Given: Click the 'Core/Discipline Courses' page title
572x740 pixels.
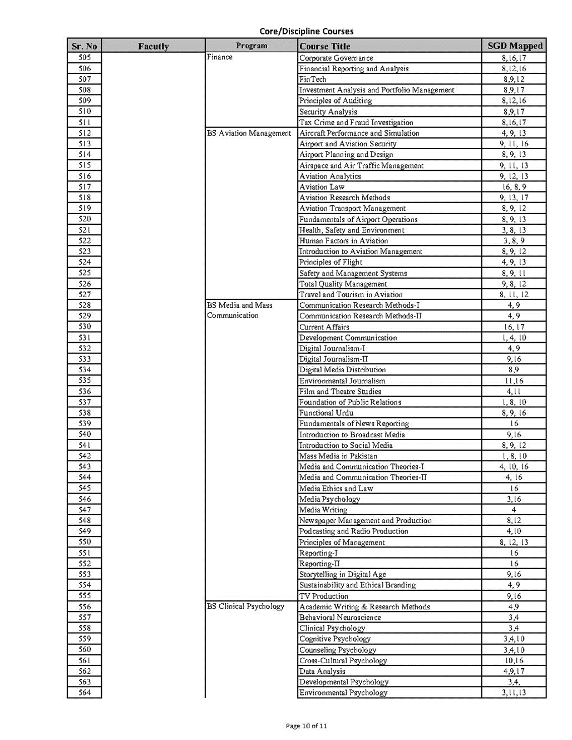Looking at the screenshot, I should pyautogui.click(x=306, y=31).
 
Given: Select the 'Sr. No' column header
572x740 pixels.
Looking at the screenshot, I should pyautogui.click(x=84, y=46).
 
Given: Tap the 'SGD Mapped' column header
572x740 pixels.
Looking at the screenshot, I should pyautogui.click(x=514, y=46).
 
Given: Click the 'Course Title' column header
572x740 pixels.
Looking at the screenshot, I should pyautogui.click(x=325, y=46).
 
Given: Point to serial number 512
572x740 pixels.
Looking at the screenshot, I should pyautogui.click(x=85, y=133).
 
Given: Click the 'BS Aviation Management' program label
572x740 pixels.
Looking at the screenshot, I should pyautogui.click(x=249, y=133).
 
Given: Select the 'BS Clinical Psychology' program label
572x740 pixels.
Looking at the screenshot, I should pyautogui.click(x=245, y=606).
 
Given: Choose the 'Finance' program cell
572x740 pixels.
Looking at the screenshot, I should pyautogui.click(x=220, y=57).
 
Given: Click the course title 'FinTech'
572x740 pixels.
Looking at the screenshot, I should pyautogui.click(x=313, y=79).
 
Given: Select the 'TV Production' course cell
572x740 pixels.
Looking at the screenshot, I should pyautogui.click(x=324, y=596).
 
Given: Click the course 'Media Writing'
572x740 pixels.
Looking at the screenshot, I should pyautogui.click(x=323, y=510).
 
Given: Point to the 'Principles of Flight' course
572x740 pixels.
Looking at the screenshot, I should pyautogui.click(x=331, y=262).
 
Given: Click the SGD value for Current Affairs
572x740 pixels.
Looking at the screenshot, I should pyautogui.click(x=514, y=327).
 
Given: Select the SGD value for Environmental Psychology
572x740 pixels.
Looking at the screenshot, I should pyautogui.click(x=514, y=693).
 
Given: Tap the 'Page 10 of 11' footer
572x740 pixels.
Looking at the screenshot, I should pyautogui.click(x=306, y=726).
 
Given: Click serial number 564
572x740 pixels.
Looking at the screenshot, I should pyautogui.click(x=85, y=693).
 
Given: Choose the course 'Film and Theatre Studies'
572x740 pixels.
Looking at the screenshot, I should pyautogui.click(x=340, y=392).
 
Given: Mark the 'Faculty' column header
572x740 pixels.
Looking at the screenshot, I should pyautogui.click(x=153, y=46).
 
